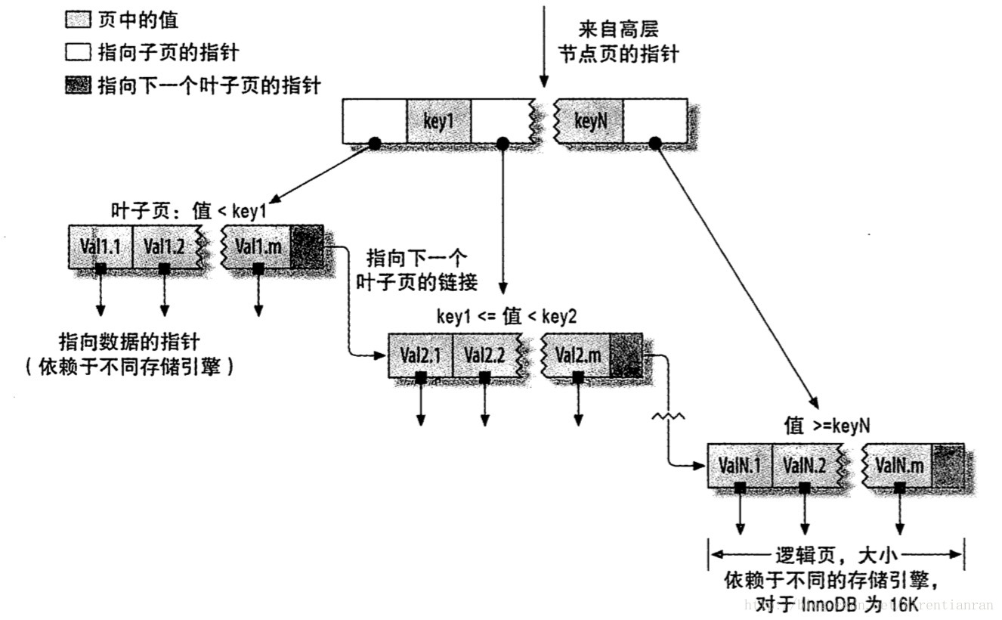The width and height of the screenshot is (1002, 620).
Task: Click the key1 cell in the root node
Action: [438, 121]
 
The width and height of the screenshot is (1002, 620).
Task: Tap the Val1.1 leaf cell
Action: [100, 246]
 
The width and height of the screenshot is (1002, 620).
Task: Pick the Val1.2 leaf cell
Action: [164, 246]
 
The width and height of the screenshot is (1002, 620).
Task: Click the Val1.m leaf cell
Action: [258, 246]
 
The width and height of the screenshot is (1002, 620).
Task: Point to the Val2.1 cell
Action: [420, 355]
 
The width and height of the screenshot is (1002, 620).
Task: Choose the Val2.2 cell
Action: [484, 355]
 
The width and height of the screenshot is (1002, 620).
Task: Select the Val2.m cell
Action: [578, 355]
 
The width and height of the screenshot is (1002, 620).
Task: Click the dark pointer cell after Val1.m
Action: [307, 246]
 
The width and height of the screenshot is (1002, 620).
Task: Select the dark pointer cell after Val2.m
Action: [626, 355]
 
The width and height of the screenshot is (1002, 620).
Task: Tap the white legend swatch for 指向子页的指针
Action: [78, 53]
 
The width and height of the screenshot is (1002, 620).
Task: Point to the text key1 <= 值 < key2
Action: [506, 317]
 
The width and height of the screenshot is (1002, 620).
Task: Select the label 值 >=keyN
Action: [827, 426]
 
